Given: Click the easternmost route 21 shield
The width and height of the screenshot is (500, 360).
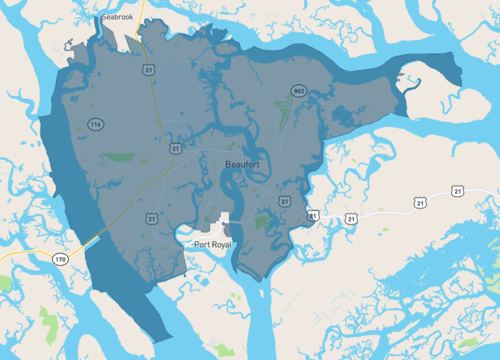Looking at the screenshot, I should (457, 190).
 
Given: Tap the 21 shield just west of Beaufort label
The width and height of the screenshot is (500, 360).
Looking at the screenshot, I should (175, 148).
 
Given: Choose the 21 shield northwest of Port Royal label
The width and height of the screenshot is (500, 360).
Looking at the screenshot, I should (153, 218).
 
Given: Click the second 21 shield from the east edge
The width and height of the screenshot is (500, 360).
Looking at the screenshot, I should (351, 217).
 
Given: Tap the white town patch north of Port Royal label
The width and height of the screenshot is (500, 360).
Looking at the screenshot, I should (221, 223).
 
